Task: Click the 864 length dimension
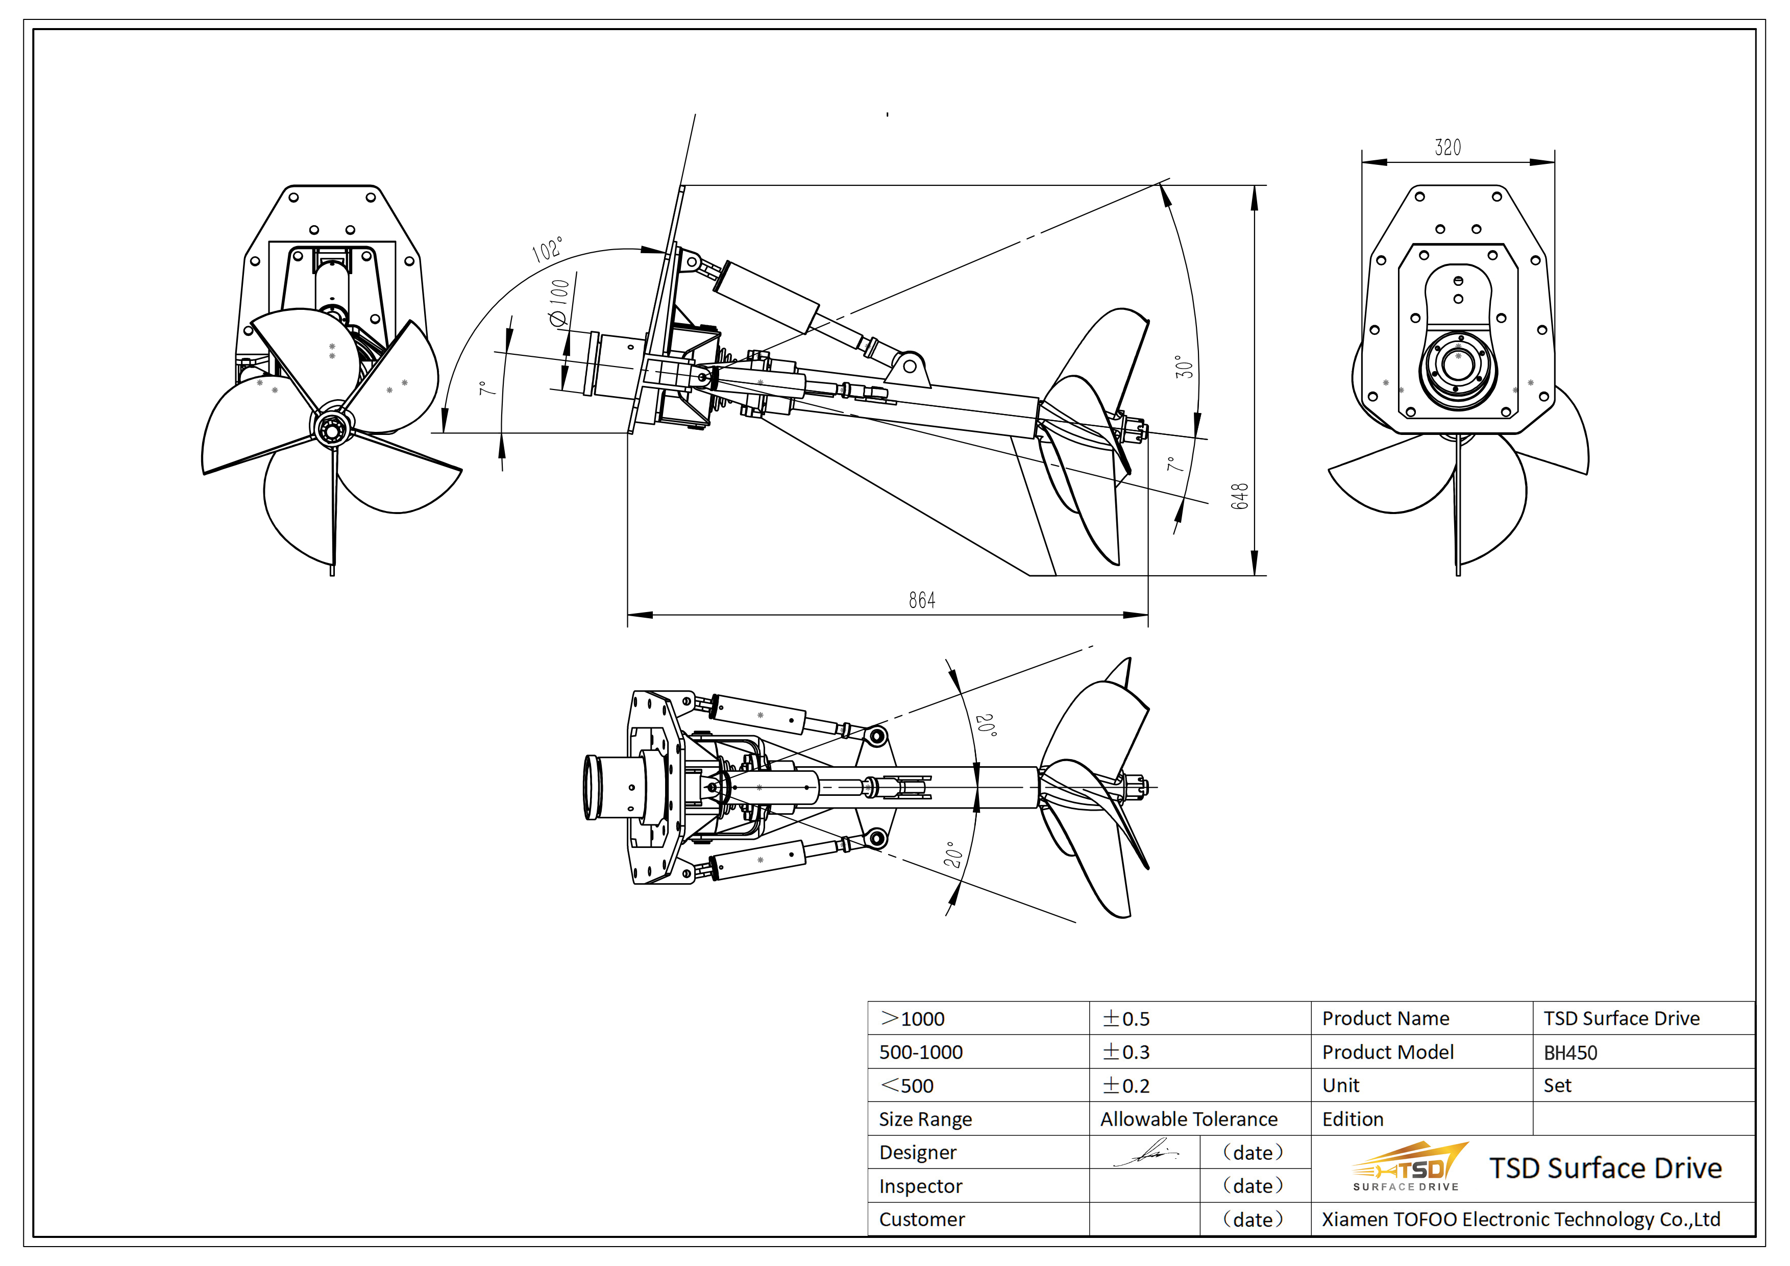pyautogui.click(x=921, y=599)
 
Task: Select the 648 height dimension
pyautogui.click(x=1240, y=496)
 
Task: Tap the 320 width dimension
pyautogui.click(x=1448, y=148)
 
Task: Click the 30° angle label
pyautogui.click(x=1184, y=367)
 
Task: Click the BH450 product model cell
pyautogui.click(x=1570, y=1053)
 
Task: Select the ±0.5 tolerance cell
pyautogui.click(x=1126, y=1019)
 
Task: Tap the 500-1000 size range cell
pyautogui.click(x=921, y=1053)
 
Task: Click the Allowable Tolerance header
pyautogui.click(x=1188, y=1119)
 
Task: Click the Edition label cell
pyautogui.click(x=1353, y=1119)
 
